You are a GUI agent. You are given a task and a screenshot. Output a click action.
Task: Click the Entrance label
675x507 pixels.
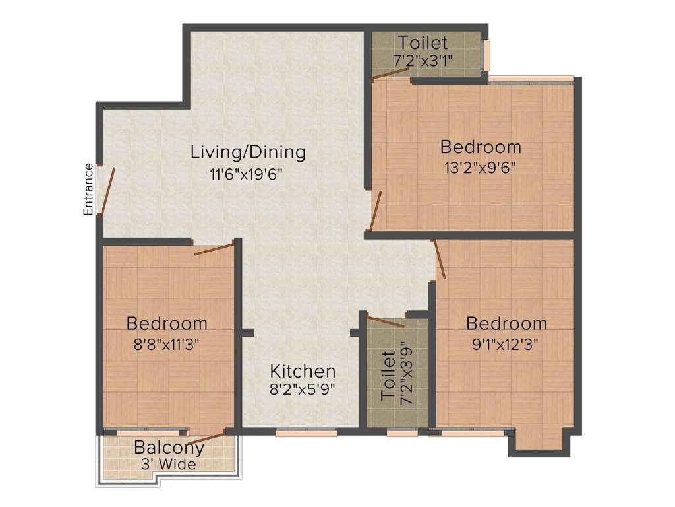pos(88,189)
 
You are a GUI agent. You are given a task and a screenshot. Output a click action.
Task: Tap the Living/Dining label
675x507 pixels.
pos(248,152)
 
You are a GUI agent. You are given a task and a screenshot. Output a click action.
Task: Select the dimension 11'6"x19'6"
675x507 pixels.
pos(248,176)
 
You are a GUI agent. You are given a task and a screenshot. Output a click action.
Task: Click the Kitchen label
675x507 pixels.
pos(303,371)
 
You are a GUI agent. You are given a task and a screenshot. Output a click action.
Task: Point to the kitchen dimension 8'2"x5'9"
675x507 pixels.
pos(303,389)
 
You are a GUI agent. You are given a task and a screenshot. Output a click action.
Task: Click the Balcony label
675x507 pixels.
pos(169,447)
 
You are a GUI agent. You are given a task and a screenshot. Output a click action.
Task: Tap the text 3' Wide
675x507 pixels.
pos(169,465)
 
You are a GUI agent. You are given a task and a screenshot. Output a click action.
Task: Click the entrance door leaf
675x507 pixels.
pos(108,190)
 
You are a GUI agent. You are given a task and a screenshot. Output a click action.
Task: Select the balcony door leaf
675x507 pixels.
pos(207,436)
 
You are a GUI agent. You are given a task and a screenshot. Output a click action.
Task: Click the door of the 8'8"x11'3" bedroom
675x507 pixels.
pos(214,249)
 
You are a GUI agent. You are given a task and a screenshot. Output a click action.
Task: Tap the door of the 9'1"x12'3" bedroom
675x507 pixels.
pos(439,259)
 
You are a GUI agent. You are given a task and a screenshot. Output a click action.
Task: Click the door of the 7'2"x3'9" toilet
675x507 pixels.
pos(386,322)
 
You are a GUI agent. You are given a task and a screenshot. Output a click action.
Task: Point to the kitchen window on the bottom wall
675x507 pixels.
pos(307,432)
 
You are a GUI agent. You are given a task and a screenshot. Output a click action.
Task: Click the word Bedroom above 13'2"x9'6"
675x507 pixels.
pos(481,147)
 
